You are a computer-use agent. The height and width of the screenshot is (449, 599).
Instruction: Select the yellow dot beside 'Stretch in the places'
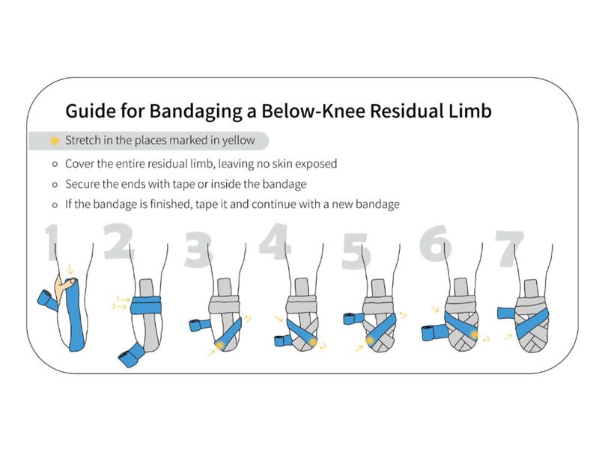55,141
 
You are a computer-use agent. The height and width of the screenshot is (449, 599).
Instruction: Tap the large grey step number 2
118,241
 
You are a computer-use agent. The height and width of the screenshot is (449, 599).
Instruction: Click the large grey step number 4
275,240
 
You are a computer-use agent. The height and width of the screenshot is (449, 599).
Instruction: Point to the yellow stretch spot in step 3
219,345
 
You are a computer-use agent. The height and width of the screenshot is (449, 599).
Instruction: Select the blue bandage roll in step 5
354,318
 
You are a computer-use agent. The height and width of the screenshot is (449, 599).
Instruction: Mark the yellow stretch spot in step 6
475,335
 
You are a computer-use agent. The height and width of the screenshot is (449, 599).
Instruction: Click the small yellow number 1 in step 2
118,298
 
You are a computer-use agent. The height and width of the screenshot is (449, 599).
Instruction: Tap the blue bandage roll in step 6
434,332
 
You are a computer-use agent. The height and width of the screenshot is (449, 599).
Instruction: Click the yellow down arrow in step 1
70,269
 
